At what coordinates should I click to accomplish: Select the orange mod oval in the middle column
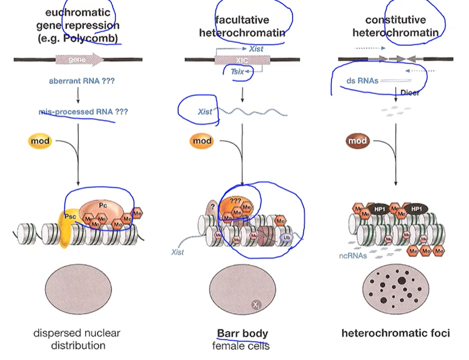coord(203,140)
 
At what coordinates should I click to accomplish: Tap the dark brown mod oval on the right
coord(357,140)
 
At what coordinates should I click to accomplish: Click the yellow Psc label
coord(71,217)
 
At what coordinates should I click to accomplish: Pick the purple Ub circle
coord(287,237)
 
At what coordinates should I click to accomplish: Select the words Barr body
coord(242,334)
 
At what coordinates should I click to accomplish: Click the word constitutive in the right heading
coord(395,20)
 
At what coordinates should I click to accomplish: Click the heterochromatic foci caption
coord(395,333)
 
